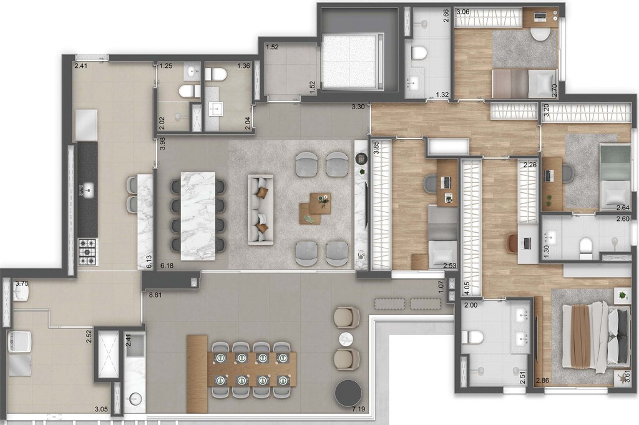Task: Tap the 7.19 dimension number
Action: tap(359, 409)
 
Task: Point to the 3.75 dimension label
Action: tap(22, 283)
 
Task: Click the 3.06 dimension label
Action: tap(462, 12)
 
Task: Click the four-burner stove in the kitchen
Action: tap(87, 252)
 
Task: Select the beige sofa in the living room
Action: tap(260, 209)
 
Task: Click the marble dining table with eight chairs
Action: tap(198, 215)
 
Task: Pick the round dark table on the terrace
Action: tap(348, 393)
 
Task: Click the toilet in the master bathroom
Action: tap(474, 338)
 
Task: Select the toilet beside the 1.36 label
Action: tap(216, 74)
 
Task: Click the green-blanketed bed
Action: tap(615, 176)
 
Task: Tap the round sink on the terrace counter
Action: tap(135, 398)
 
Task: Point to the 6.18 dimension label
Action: tap(167, 266)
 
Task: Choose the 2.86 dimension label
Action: tap(542, 380)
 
